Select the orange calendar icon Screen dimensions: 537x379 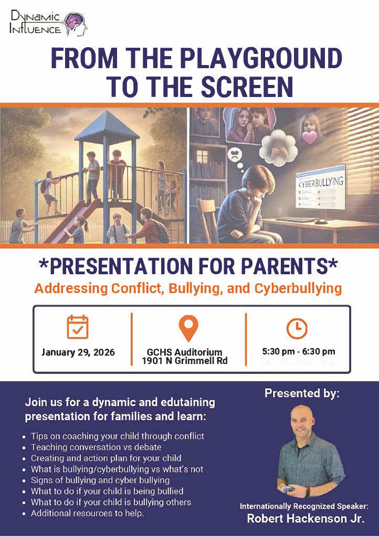click(x=78, y=327)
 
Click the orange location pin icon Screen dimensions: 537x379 click(x=188, y=328)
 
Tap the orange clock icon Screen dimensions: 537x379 click(x=297, y=328)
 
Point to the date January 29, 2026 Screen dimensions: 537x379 click(x=78, y=352)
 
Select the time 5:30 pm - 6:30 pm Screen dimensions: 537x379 click(x=298, y=351)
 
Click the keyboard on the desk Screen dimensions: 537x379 click(x=296, y=220)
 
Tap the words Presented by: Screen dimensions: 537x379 click(x=302, y=393)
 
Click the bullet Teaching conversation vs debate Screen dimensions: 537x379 click(x=96, y=447)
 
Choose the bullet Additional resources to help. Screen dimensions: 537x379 click(x=87, y=513)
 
